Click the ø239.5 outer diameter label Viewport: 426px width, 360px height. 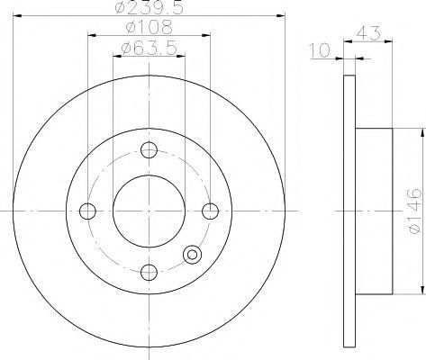coord(150,7)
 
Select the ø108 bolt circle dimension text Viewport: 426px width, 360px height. coord(150,27)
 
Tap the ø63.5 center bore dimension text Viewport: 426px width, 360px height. coord(150,48)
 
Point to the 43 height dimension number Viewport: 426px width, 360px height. coord(368,33)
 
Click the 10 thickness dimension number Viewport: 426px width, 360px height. coord(320,50)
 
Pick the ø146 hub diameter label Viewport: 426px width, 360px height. coord(415,211)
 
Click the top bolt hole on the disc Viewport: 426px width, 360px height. coord(149,150)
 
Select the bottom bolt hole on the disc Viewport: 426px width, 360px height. coord(149,273)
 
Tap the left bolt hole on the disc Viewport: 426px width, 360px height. coord(87,211)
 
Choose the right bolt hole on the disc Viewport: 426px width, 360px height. coord(210,211)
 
